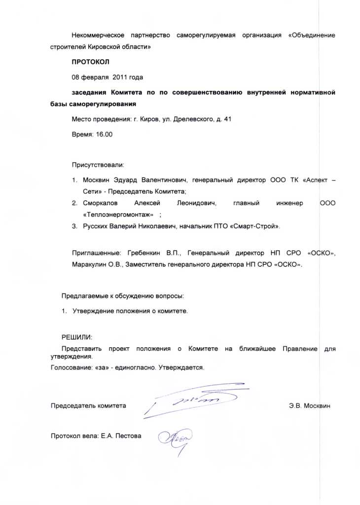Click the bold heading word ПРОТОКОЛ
tap(91, 62)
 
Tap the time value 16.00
tap(104, 134)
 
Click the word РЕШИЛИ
tap(76, 337)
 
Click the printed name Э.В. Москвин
tap(310, 406)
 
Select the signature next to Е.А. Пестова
tap(176, 438)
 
